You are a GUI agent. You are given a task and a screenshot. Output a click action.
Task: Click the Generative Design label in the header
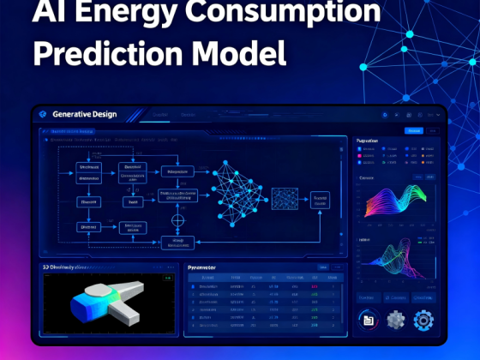pyautogui.click(x=85, y=114)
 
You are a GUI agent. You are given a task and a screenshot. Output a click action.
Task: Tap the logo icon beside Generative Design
pyautogui.click(x=44, y=114)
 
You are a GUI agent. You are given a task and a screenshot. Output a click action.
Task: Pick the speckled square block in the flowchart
pyautogui.click(x=285, y=199)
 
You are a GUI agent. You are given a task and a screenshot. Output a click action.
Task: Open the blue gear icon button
pyautogui.click(x=423, y=321)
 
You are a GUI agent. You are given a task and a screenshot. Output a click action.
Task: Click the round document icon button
pyautogui.click(x=369, y=321)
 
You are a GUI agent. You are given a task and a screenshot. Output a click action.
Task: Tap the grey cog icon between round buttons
pyautogui.click(x=395, y=321)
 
